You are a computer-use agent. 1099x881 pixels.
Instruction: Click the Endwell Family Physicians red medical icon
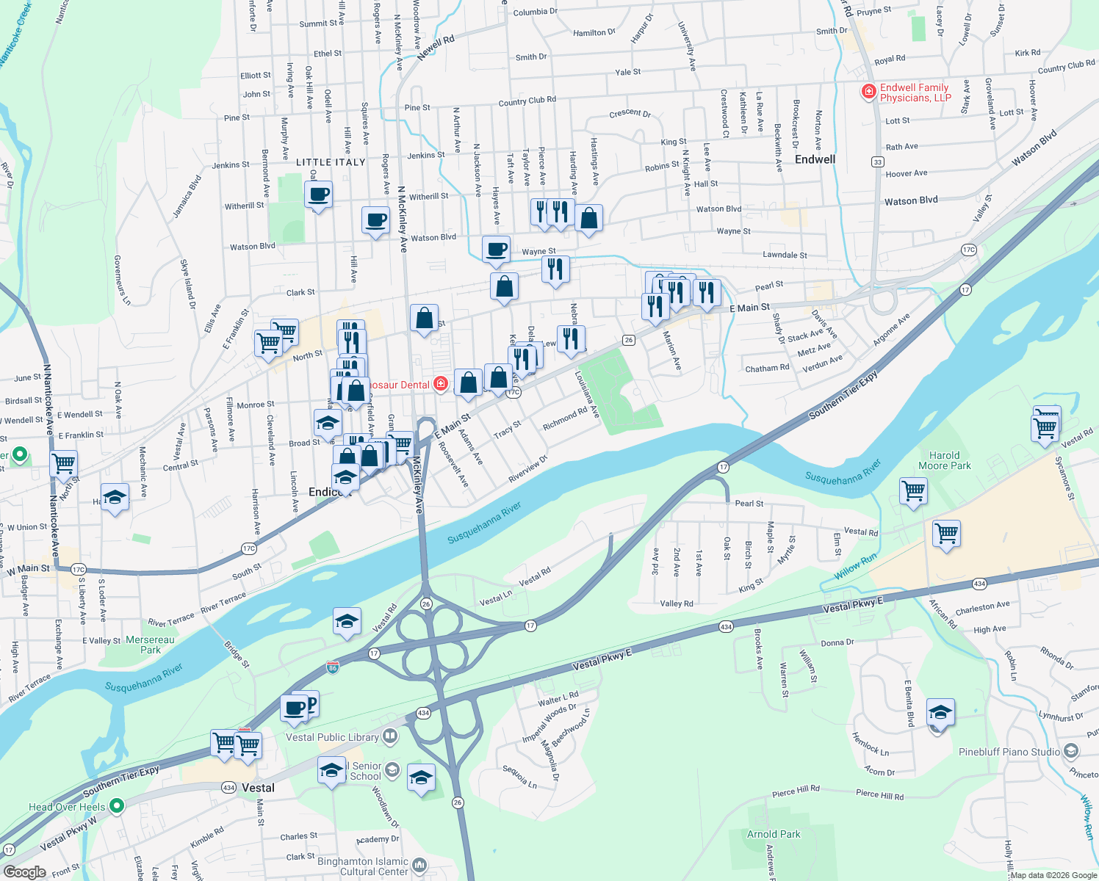pos(869,92)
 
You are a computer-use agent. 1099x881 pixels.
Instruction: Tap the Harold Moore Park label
pos(945,460)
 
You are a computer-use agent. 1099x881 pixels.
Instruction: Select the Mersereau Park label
pos(151,645)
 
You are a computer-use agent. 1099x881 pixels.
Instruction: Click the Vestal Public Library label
pos(332,737)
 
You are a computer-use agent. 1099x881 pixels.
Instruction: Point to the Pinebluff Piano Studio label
pos(1009,752)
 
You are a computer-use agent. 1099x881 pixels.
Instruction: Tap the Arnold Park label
pos(774,834)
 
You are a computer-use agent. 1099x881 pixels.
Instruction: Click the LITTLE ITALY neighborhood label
pos(331,162)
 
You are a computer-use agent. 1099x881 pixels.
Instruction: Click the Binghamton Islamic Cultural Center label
pos(363,866)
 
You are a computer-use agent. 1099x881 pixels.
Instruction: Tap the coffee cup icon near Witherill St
pos(318,195)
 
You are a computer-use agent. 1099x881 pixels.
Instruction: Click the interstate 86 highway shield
pos(333,667)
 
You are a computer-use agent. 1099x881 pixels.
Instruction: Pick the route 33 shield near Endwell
pos(878,162)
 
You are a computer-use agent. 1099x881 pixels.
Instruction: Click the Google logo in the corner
pos(24,871)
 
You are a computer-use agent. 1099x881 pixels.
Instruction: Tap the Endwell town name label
pos(815,159)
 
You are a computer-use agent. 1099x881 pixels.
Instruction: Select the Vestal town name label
pos(258,788)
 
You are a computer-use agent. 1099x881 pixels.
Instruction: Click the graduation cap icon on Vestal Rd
pos(347,622)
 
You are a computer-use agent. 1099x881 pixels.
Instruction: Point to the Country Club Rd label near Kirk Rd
pos(1066,67)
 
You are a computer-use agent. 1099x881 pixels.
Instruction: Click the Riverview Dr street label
pos(528,468)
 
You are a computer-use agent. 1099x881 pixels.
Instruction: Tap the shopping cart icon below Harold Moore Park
pos(913,491)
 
